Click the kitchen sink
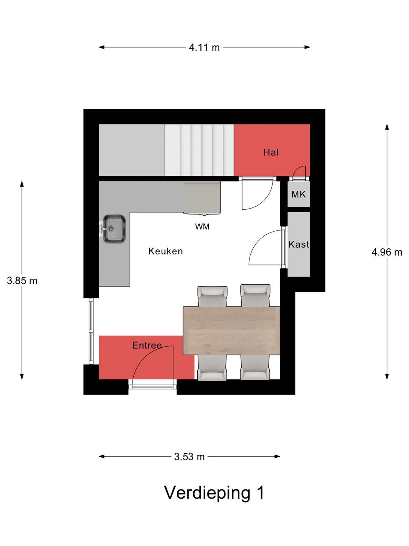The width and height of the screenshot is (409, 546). tap(114, 229)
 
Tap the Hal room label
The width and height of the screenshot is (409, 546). tap(271, 152)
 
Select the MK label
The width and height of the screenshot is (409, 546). tap(298, 194)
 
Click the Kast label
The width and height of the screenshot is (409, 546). tap(299, 244)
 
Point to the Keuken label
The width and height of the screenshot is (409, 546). tap(165, 251)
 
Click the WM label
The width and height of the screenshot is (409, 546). tap(202, 227)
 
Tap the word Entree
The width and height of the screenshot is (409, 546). tap(147, 345)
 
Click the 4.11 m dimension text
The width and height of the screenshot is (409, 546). tap(204, 47)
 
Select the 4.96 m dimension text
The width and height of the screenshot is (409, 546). tap(387, 252)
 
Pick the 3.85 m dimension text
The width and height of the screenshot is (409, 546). tap(22, 281)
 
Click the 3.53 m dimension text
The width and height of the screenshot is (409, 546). tap(189, 457)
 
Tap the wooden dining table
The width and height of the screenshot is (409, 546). tap(231, 331)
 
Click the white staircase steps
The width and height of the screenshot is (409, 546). tap(199, 150)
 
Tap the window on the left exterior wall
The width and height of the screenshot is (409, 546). tap(91, 331)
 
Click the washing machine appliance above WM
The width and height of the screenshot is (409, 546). tap(202, 198)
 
